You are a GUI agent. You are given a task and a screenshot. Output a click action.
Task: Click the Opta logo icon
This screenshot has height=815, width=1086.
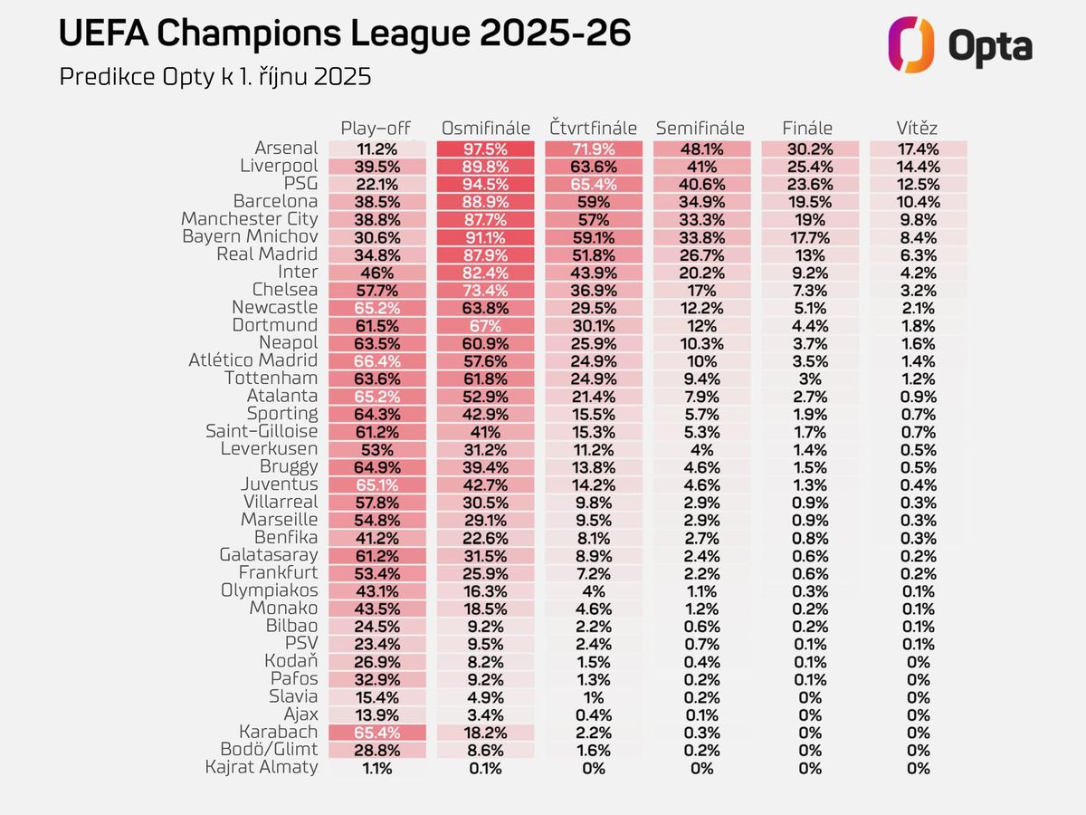tap(910, 44)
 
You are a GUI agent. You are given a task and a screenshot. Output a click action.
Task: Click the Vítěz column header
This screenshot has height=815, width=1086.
tap(918, 128)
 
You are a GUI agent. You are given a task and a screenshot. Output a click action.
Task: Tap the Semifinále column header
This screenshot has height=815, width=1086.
tap(700, 128)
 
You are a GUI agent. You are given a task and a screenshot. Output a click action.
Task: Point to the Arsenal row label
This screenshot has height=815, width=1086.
tap(286, 148)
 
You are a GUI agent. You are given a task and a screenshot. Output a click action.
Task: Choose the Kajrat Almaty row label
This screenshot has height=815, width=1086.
tap(262, 767)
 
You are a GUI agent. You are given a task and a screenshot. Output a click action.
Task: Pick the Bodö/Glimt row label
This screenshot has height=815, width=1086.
tap(269, 749)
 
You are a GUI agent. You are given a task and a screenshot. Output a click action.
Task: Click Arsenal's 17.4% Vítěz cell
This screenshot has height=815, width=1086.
tap(918, 149)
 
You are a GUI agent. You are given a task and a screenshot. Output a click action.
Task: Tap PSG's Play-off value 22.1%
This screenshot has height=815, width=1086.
tap(377, 184)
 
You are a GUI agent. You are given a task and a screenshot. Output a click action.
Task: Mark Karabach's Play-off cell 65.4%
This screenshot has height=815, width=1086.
tap(377, 733)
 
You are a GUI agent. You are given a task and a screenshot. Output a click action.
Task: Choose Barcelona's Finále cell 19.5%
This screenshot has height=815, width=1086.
tap(809, 202)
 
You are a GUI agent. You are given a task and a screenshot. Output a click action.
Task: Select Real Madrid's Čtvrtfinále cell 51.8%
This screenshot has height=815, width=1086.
tap(594, 254)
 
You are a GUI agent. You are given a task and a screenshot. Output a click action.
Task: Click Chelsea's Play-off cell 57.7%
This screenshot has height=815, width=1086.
tap(377, 290)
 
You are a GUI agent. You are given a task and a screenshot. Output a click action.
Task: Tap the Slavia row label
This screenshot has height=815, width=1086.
tap(293, 696)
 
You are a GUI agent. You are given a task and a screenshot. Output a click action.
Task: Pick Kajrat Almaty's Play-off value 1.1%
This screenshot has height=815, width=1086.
tap(377, 768)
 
